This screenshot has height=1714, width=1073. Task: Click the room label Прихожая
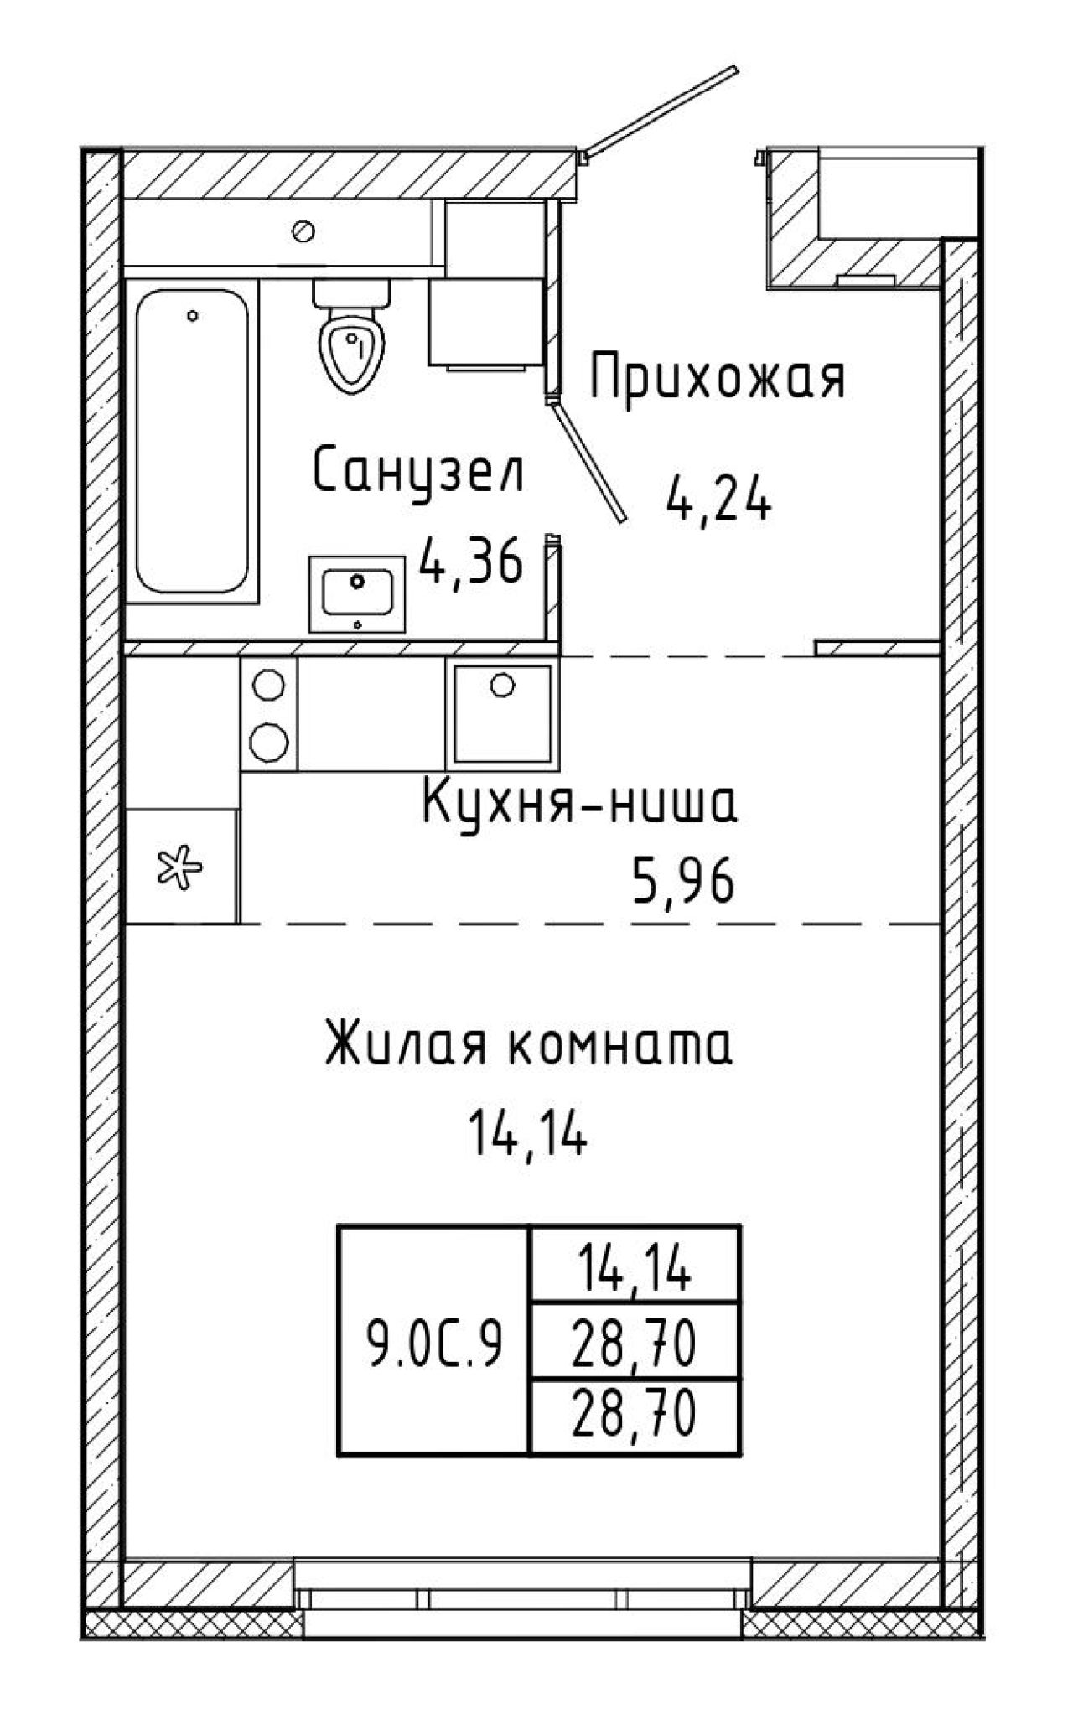pyautogui.click(x=718, y=380)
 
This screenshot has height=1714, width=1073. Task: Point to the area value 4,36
pyautogui.click(x=472, y=562)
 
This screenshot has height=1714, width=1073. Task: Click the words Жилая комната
pyautogui.click(x=529, y=1044)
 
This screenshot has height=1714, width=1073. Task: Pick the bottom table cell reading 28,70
pyautogui.click(x=634, y=1420)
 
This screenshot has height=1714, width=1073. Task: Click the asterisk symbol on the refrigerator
pyautogui.click(x=180, y=867)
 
